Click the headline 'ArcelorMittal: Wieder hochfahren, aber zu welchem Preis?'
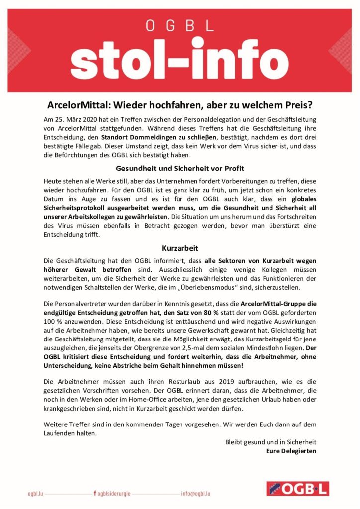(180, 106)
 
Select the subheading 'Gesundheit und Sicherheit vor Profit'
(180, 168)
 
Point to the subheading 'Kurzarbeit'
(180, 247)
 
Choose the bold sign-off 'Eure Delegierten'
(291, 451)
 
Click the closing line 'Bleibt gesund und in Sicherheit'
(271, 442)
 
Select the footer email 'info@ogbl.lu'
(196, 494)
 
